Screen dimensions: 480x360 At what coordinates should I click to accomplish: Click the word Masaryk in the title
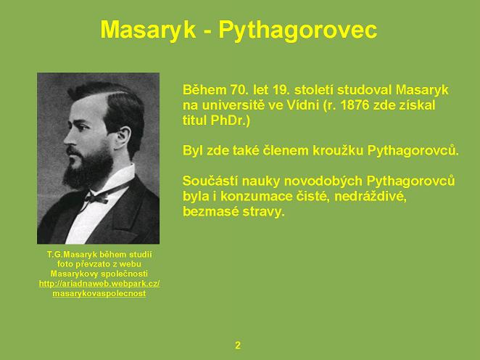coord(148,30)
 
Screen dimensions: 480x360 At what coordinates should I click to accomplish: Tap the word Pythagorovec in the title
coord(297,30)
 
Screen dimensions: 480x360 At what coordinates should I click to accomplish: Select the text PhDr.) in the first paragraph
coord(230,120)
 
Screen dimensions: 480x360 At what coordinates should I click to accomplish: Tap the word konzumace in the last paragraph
coord(257,197)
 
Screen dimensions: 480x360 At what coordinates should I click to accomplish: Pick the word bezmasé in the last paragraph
coord(210,211)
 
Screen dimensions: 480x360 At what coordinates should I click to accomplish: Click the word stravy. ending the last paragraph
coord(264,212)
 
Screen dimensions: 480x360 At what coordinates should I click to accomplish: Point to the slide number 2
coord(238,345)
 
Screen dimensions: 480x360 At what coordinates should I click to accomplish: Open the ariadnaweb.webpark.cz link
coord(99,283)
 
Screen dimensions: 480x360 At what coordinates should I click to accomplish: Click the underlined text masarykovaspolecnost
coord(99,293)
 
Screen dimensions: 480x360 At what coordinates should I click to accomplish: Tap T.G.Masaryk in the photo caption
coord(72,254)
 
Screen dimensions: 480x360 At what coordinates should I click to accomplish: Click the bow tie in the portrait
coord(96,198)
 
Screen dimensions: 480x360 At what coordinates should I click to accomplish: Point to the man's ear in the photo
coord(124,139)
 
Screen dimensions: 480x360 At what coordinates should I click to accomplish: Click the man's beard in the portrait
coord(88,167)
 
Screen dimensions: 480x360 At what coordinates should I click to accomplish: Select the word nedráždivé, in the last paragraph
coord(370,197)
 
